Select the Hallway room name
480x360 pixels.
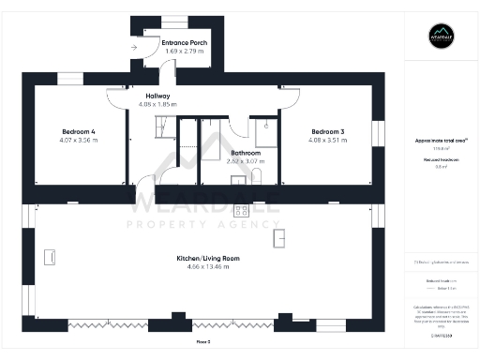[x=157, y=96]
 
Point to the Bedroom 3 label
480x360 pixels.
[x=328, y=132]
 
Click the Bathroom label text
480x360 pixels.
[x=246, y=152]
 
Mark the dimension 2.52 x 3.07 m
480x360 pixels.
[x=246, y=160]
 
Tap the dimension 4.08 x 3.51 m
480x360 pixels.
[x=328, y=141]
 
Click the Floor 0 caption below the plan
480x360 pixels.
[x=202, y=342]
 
